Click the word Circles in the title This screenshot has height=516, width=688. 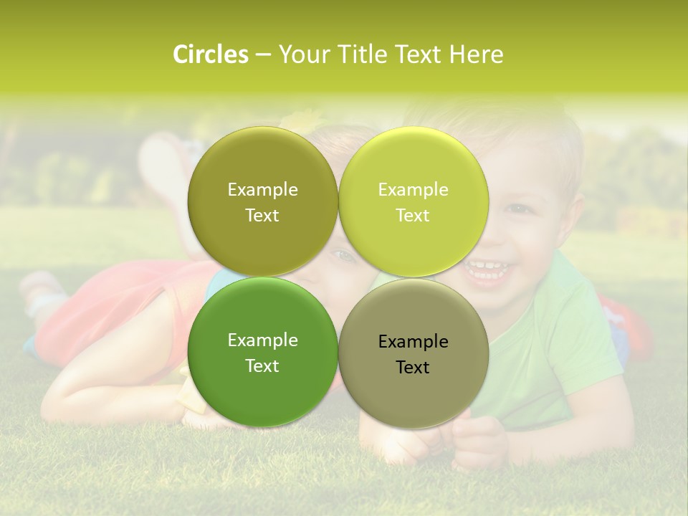click(210, 54)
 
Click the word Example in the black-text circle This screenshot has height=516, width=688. click(413, 342)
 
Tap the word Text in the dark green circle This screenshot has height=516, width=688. click(262, 366)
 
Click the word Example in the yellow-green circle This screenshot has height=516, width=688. click(413, 190)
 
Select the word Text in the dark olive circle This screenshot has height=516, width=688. click(262, 216)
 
